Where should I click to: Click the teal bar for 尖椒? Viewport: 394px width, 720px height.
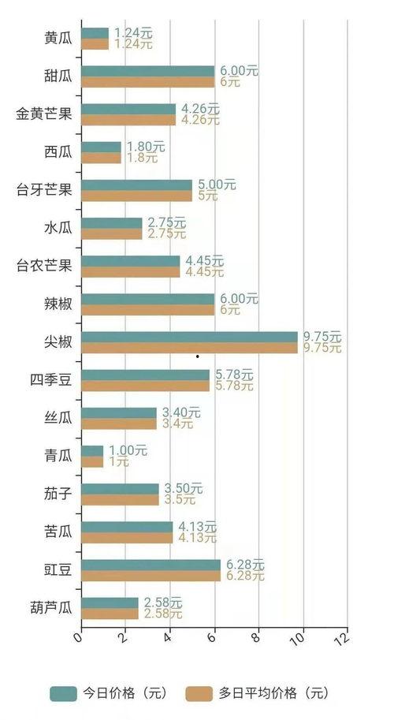pos(189,337)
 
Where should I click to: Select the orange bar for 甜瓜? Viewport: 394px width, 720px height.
pos(147,82)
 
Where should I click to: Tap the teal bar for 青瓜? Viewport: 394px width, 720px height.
pos(92,450)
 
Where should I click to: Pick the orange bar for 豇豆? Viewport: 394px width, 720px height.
pos(151,576)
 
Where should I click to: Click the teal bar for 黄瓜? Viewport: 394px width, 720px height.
pos(95,33)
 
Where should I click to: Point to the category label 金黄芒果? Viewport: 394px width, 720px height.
pos(44,114)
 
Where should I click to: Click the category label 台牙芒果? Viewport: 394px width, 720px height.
pos(44,190)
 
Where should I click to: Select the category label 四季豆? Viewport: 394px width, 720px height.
pos(51,380)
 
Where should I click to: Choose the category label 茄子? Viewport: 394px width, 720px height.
pos(58,494)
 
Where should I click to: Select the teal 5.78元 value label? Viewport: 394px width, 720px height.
pos(232,375)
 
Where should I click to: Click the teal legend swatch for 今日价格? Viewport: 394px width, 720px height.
pos(63,694)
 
